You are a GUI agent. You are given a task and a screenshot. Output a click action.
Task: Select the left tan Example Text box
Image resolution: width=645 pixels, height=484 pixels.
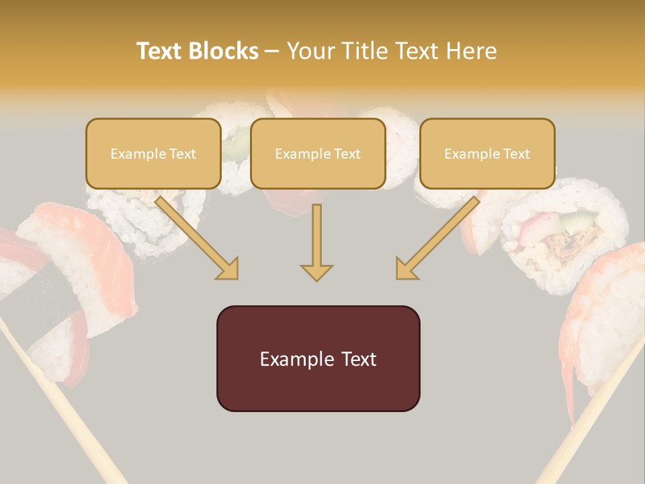click(153, 153)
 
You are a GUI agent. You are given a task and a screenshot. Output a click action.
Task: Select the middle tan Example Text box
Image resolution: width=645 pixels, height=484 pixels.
click(318, 153)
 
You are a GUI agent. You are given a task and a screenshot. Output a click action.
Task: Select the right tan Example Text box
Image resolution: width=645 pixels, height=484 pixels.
click(487, 153)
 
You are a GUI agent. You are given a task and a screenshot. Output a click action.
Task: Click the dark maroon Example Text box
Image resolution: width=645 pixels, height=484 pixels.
click(318, 358)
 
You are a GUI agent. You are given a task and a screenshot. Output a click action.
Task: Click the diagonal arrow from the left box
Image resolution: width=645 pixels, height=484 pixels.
click(195, 235)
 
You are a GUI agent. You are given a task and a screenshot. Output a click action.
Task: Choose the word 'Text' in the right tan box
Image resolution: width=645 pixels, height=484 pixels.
click(516, 154)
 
